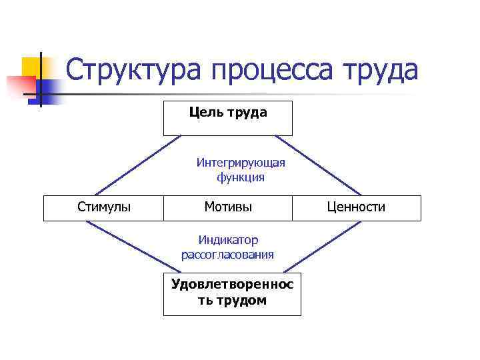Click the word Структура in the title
133,71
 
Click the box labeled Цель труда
228,118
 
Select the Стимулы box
104,207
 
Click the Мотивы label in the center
228,207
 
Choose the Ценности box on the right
356,207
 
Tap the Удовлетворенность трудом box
232,293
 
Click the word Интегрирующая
241,163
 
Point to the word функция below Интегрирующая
241,177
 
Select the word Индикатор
228,240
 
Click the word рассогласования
227,255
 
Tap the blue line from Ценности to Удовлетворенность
327,248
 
